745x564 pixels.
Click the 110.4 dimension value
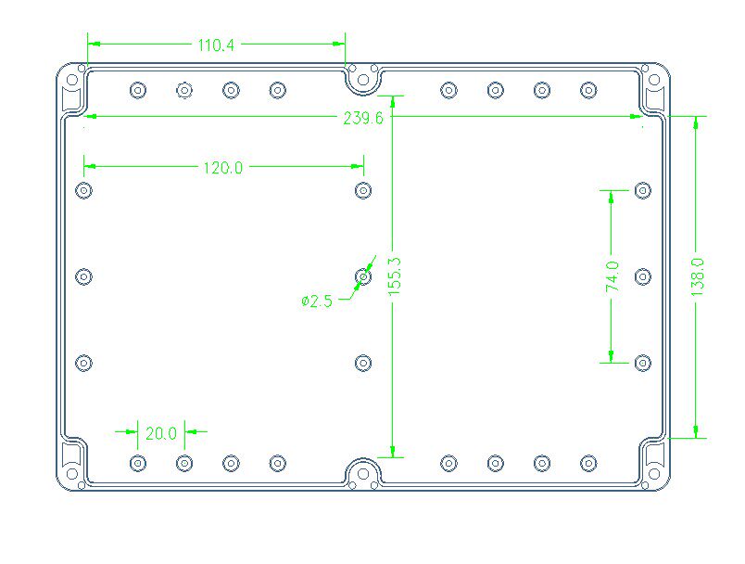point(216,44)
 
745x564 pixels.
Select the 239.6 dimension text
point(363,118)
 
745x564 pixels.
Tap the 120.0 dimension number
point(222,168)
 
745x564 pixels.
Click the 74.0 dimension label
point(612,276)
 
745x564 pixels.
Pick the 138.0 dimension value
point(698,276)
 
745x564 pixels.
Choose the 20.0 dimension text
point(160,432)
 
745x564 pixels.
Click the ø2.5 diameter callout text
point(317,300)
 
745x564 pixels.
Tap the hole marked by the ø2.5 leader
point(363,276)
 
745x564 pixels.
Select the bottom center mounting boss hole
point(363,473)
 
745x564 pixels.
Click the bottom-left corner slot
point(70,461)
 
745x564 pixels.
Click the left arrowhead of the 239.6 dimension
point(90,117)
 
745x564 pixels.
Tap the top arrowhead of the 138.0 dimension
point(697,122)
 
